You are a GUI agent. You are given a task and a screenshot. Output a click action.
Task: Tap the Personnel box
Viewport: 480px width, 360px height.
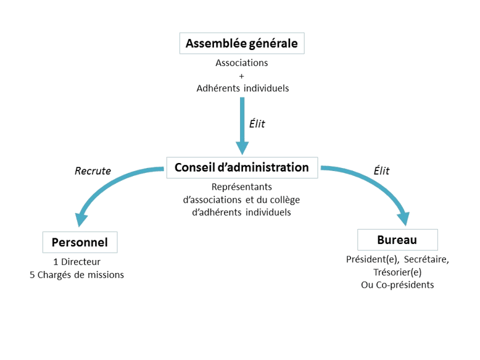[79, 241]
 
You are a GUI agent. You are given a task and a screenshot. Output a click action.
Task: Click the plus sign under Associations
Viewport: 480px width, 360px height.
[242, 75]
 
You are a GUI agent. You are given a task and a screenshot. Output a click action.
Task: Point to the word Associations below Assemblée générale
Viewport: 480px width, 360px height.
[242, 64]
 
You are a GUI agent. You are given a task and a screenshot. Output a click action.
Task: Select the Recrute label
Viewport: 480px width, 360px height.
[92, 171]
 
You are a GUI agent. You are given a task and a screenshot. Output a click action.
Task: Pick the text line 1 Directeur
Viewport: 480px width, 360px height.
[77, 262]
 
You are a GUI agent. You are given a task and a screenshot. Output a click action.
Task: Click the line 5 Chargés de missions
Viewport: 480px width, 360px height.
[77, 275]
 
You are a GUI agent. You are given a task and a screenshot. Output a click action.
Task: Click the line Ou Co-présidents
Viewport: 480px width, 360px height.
[397, 285]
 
